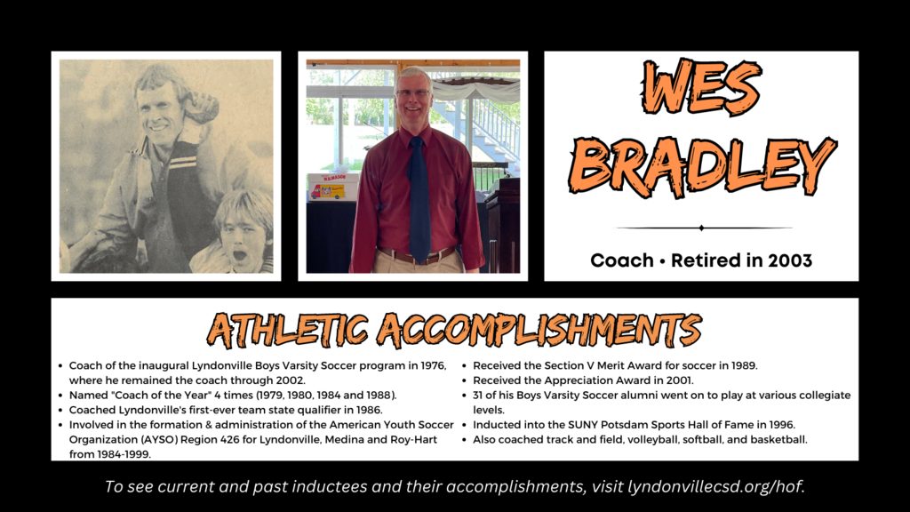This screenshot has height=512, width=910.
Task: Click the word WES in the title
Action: pyautogui.click(x=701, y=88)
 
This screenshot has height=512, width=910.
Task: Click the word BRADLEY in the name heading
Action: pyautogui.click(x=702, y=166)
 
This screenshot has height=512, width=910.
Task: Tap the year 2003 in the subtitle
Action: pyautogui.click(x=790, y=260)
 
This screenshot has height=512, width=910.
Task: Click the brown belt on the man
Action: pyautogui.click(x=417, y=253)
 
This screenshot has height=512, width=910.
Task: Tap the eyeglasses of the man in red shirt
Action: pyautogui.click(x=412, y=92)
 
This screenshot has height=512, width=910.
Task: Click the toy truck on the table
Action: pyautogui.click(x=327, y=192)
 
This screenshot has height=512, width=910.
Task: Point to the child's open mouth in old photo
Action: pyautogui.click(x=238, y=255)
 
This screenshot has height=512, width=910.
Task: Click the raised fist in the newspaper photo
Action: pyautogui.click(x=200, y=108)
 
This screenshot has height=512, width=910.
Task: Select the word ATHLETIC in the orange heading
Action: pyautogui.click(x=287, y=330)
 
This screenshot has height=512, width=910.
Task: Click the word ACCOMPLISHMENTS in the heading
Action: pyautogui.click(x=539, y=330)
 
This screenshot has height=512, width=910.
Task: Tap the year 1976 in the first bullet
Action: pyautogui.click(x=433, y=365)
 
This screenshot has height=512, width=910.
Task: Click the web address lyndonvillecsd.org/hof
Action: pyautogui.click(x=716, y=486)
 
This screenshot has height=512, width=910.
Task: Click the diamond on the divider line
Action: pyautogui.click(x=702, y=228)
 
